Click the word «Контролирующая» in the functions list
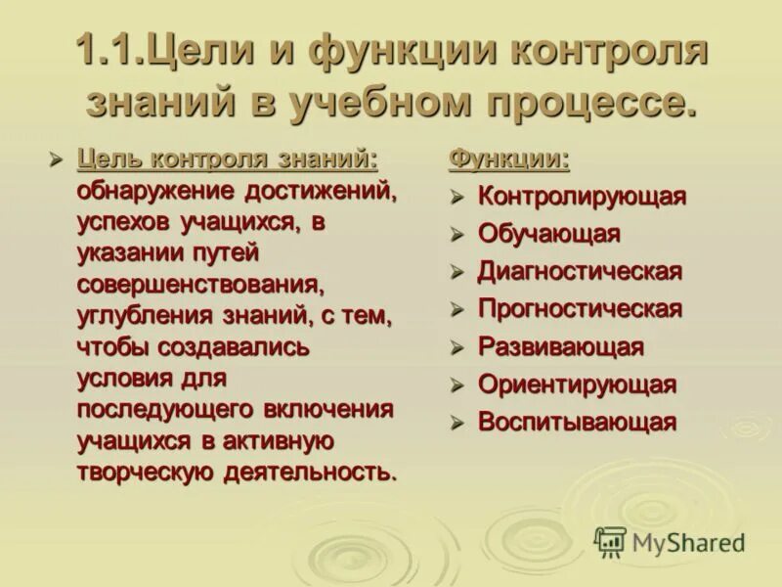point(582,196)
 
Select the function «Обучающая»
point(548,234)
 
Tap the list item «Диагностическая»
point(579,271)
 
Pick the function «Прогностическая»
point(579,309)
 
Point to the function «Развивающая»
point(560,347)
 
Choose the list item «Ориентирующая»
point(576,384)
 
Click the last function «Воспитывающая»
point(577,423)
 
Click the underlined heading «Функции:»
point(508,158)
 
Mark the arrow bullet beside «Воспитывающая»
point(456,424)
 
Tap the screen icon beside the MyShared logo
point(610,542)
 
